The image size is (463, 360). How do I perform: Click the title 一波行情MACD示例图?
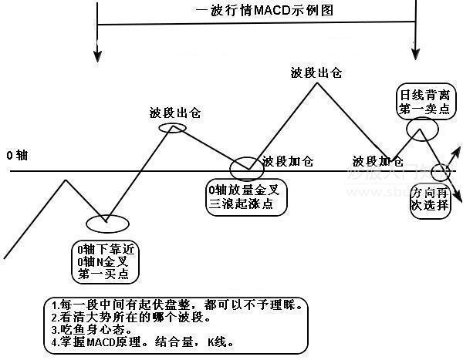253,12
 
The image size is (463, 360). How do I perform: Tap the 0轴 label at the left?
17,155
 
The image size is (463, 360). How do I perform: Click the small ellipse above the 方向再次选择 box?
441,171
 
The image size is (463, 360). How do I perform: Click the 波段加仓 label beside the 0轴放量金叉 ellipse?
288,162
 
